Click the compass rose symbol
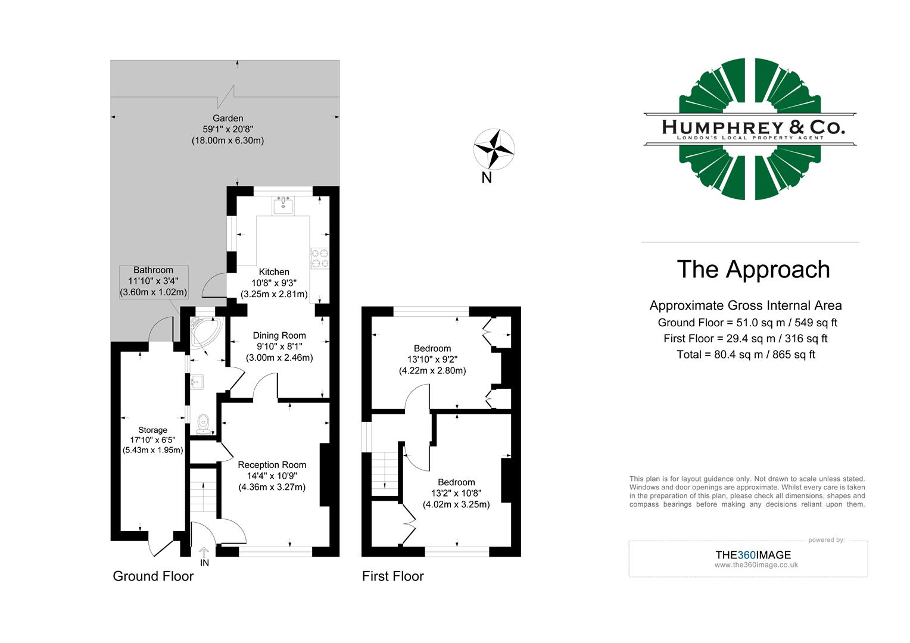(494, 149)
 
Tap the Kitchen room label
(274, 272)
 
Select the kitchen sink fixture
(282, 206)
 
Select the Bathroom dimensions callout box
(154, 282)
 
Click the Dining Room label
(279, 336)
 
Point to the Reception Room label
(272, 465)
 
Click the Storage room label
(152, 430)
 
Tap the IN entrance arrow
(204, 557)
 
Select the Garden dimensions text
(227, 129)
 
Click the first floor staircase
(385, 473)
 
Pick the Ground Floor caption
(153, 576)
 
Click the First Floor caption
(392, 576)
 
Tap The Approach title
(753, 270)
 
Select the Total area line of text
(746, 355)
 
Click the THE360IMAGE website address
(756, 565)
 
